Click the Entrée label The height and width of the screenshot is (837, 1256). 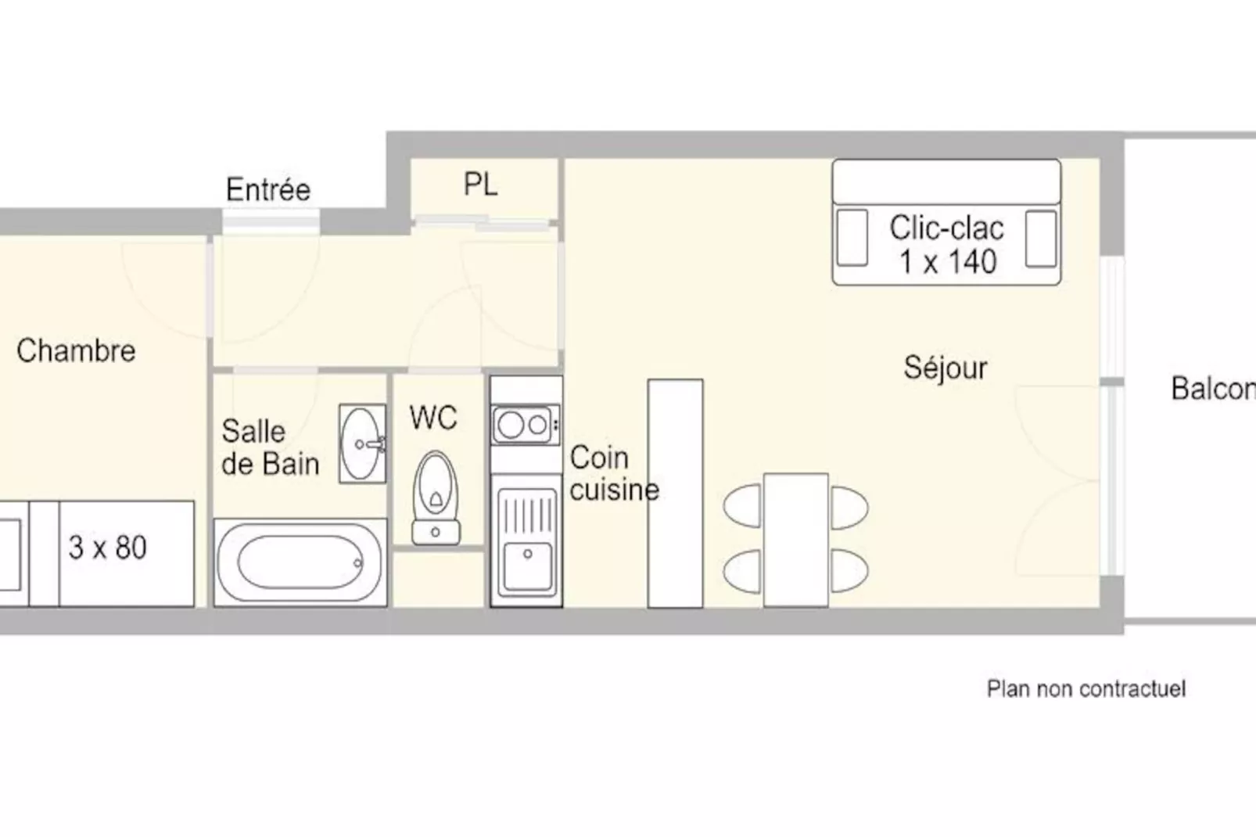click(x=268, y=189)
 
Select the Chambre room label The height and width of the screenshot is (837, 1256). click(x=76, y=350)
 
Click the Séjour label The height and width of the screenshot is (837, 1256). click(x=946, y=368)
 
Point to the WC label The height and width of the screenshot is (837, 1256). click(x=433, y=418)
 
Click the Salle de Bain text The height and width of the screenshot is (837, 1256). click(x=271, y=447)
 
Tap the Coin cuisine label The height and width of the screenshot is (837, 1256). click(x=614, y=473)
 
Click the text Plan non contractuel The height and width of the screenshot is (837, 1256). click(x=1086, y=688)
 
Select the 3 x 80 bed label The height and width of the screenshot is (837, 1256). click(x=108, y=548)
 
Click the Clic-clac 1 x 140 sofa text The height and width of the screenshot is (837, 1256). click(x=947, y=245)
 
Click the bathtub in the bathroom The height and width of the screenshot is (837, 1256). click(x=300, y=562)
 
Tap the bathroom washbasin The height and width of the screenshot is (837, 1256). click(x=362, y=444)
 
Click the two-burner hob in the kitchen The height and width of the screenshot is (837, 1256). click(x=525, y=426)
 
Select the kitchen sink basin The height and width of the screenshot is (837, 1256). click(x=527, y=566)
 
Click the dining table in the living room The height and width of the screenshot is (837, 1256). click(x=795, y=540)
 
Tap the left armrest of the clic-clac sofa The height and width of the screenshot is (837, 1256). click(x=852, y=238)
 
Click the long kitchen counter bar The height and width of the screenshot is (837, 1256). click(x=675, y=493)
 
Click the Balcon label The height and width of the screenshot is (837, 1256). click(x=1214, y=388)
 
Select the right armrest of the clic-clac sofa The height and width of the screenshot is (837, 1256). click(x=1041, y=239)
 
